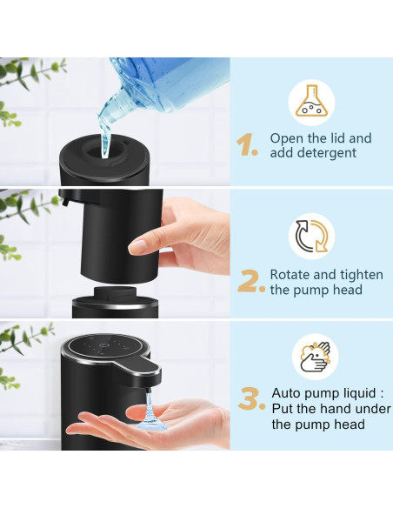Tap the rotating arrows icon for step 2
312,237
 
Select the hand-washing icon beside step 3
315,357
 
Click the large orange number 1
248,145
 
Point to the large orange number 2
250,281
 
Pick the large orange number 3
251,400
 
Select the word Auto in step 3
287,392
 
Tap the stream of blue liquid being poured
104,130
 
